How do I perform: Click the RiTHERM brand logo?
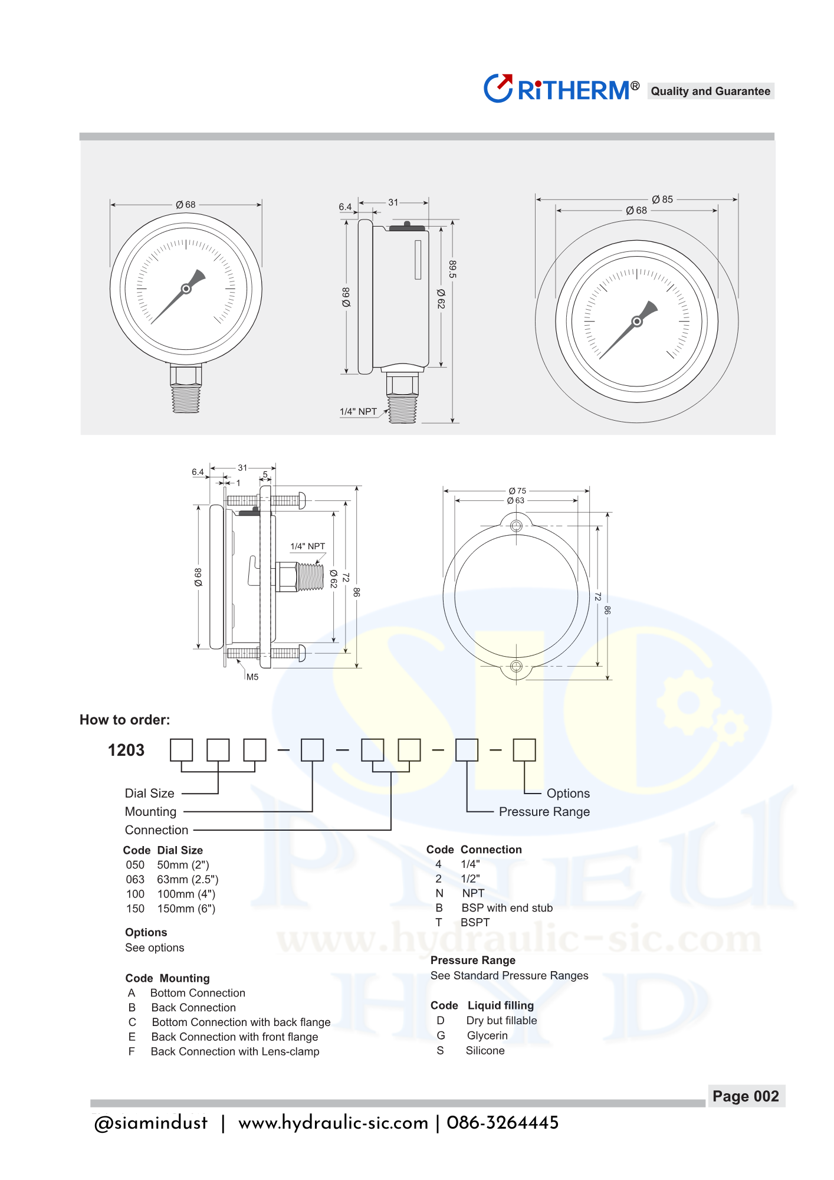coord(562,89)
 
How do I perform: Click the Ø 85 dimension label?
coord(662,199)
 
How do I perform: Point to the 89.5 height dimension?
coord(452,269)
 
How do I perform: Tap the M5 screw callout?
coord(252,677)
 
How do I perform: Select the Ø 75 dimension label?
coord(517,491)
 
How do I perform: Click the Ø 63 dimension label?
coord(515,500)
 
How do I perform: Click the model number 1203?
coord(126,750)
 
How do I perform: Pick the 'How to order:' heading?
coord(124,720)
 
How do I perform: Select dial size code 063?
coord(135,879)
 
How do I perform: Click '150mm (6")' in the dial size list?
coord(186,909)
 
